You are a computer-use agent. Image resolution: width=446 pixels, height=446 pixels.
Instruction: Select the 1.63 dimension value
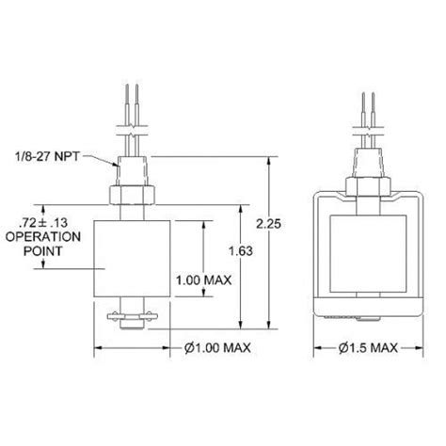pos(242,251)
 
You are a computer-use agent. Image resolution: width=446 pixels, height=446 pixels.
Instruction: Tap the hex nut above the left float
pos(131,196)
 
